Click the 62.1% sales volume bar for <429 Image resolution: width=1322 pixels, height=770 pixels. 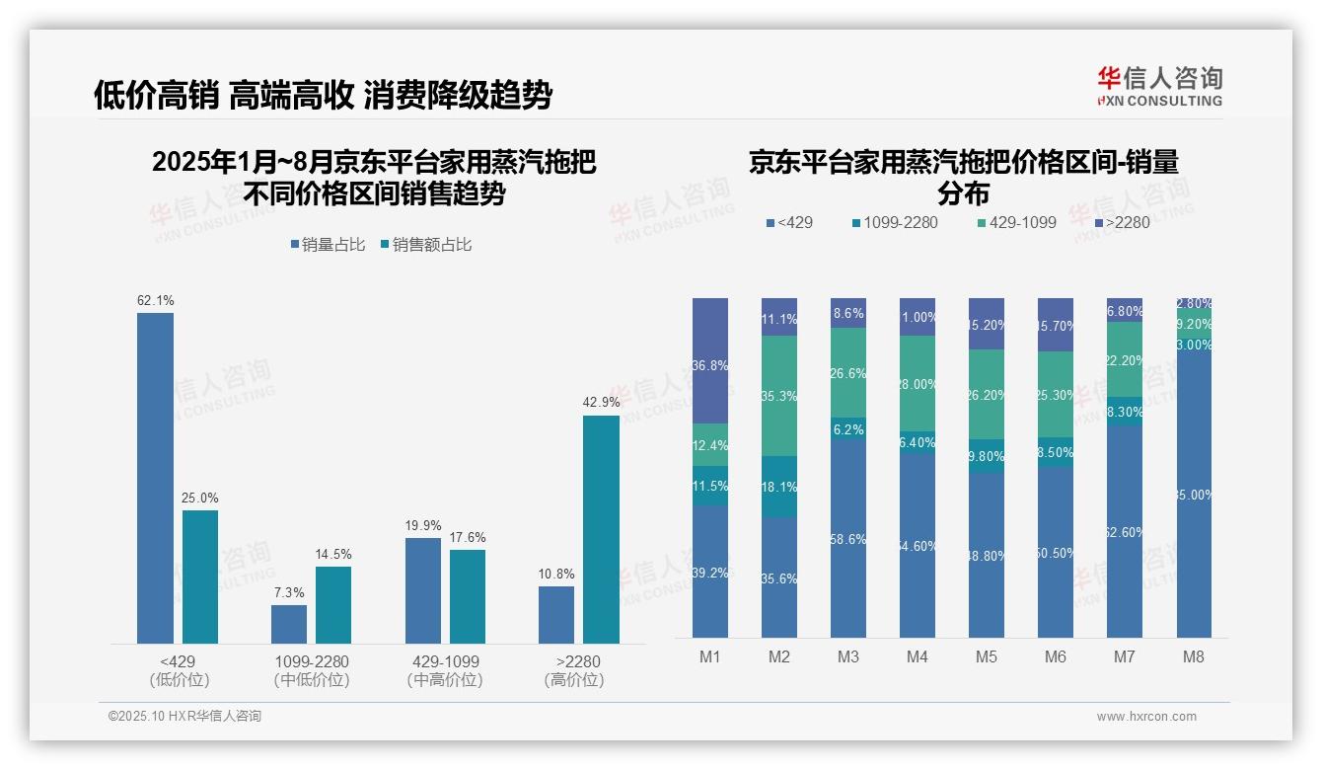pos(155,478)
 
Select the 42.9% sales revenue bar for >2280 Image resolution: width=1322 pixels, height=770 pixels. pos(601,529)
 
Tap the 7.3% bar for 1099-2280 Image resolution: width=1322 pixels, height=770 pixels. pos(289,624)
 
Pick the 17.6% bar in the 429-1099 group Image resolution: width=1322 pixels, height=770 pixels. pos(468,596)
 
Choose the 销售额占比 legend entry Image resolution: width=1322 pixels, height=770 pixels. pos(426,245)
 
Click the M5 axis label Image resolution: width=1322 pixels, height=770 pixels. pos(987,656)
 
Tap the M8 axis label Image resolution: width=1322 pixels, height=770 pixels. pos(1193,656)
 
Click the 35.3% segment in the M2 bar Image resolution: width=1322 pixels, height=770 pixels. pos(779,396)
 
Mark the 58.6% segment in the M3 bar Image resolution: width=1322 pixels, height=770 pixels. pos(848,539)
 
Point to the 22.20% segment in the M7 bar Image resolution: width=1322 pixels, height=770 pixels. pos(1125,359)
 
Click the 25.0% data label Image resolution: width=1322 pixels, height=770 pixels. pos(200,498)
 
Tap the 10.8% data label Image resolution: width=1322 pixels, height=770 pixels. pos(556,574)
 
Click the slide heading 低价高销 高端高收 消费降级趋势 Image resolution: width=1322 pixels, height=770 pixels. pos(323,95)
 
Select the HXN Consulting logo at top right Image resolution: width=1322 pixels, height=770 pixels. pos(1159,87)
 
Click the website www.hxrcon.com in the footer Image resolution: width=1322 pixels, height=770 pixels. pos(1146,717)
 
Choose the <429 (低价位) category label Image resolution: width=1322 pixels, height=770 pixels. pos(179,670)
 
